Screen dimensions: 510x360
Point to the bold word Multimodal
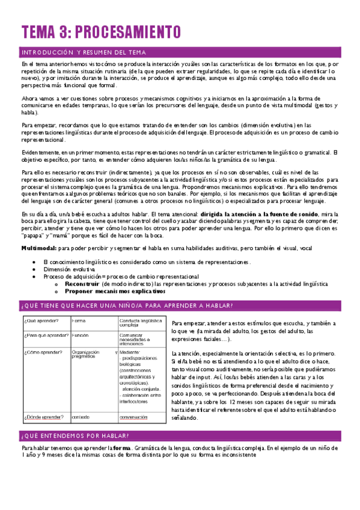(x=38, y=248)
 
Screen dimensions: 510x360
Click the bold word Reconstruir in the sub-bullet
(x=82, y=283)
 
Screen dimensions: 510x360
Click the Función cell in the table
(x=81, y=335)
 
